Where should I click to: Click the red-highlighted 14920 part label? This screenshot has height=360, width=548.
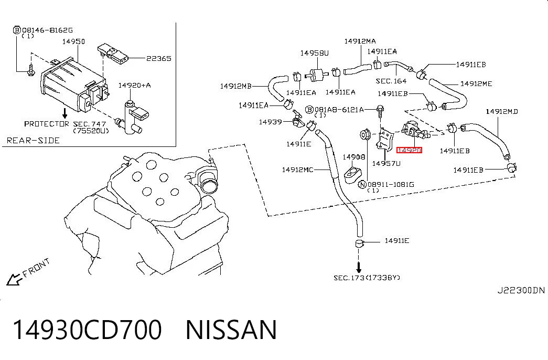pyautogui.click(x=409, y=150)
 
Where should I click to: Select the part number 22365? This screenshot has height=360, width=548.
pyautogui.click(x=159, y=58)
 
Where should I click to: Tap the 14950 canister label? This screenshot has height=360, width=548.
pyautogui.click(x=73, y=41)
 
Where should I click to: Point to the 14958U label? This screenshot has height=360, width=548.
pyautogui.click(x=315, y=53)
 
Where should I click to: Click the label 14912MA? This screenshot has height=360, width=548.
pyautogui.click(x=360, y=41)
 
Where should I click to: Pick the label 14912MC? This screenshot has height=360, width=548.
pyautogui.click(x=298, y=170)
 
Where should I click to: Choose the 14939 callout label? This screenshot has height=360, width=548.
pyautogui.click(x=270, y=122)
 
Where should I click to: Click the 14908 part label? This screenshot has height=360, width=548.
pyautogui.click(x=353, y=157)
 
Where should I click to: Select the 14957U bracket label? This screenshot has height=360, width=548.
pyautogui.click(x=386, y=163)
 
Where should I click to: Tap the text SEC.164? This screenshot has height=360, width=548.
pyautogui.click(x=391, y=81)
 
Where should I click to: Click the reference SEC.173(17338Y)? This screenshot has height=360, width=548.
pyautogui.click(x=367, y=278)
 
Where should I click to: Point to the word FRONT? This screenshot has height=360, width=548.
pyautogui.click(x=36, y=268)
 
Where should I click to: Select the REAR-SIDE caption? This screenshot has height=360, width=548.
pyautogui.click(x=33, y=141)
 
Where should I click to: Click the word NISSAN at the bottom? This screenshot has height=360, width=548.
pyautogui.click(x=231, y=330)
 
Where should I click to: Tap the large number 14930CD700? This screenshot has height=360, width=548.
pyautogui.click(x=88, y=330)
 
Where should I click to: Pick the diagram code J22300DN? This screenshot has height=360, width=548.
pyautogui.click(x=521, y=290)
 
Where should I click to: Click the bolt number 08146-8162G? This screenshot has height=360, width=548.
pyautogui.click(x=47, y=30)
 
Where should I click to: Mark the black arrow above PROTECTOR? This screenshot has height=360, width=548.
pyautogui.click(x=65, y=113)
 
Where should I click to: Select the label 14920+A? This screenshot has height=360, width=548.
pyautogui.click(x=134, y=86)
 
